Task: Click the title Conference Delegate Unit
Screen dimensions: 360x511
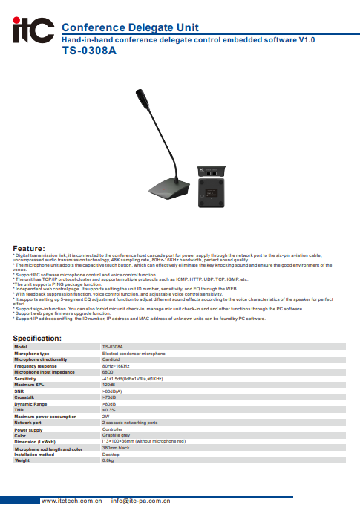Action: click(x=130, y=27)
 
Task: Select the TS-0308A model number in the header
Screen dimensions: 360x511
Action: click(x=90, y=53)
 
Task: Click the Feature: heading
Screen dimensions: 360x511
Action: click(x=29, y=248)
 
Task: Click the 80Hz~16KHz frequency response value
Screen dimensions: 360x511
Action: click(x=116, y=366)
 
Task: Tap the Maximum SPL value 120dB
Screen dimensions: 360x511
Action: click(x=108, y=385)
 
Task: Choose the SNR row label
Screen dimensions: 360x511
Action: click(x=19, y=391)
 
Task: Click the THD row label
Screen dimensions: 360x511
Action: click(x=19, y=409)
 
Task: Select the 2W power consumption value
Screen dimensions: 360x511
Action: click(x=105, y=416)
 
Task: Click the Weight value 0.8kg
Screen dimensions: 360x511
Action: click(x=108, y=460)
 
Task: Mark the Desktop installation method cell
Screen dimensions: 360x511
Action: click(x=111, y=454)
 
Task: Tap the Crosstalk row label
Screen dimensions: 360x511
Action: click(x=24, y=397)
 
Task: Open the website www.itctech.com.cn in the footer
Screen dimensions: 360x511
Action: click(x=72, y=501)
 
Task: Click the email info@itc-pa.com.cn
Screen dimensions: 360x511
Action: click(x=142, y=501)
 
